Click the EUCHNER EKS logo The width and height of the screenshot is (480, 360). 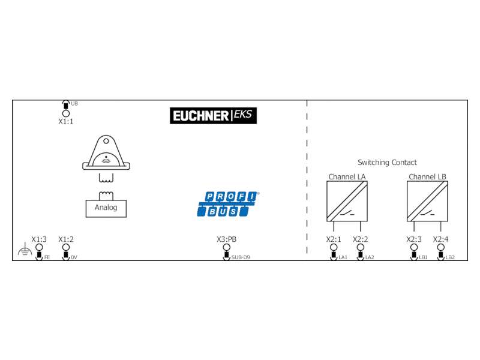tap(213, 115)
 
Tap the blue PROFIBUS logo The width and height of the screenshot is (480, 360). tap(228, 204)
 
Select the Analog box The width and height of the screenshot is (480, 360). tap(106, 208)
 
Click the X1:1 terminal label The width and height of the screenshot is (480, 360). tap(66, 122)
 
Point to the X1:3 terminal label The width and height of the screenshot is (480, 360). tap(39, 239)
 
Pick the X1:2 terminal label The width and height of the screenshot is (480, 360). tap(66, 239)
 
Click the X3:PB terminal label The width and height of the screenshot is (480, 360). tap(227, 239)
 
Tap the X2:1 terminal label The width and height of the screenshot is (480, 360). tap(334, 239)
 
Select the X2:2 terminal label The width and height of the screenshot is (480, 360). tap(361, 239)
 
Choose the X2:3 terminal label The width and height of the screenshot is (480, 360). tap(414, 239)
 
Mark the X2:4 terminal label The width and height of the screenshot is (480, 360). tap(440, 239)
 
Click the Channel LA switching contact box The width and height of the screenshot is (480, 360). tap(347, 201)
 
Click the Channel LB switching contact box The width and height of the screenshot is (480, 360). tap(427, 201)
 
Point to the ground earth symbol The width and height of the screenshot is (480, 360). tap(25, 250)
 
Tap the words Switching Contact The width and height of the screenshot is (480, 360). tap(387, 162)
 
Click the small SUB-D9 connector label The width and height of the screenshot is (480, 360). tap(241, 257)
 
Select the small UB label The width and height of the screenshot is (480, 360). tap(74, 103)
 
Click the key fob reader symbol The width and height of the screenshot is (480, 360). tap(106, 152)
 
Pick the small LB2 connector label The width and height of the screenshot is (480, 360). tap(450, 257)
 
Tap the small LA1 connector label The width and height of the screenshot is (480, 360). tap(343, 257)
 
